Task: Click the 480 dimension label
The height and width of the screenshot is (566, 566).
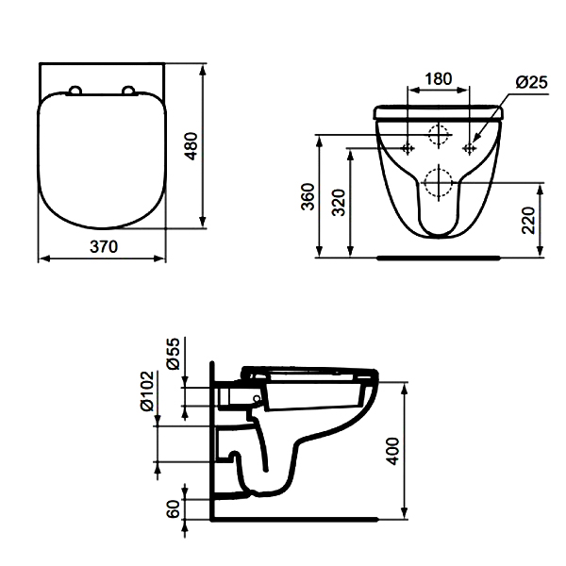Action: (191, 146)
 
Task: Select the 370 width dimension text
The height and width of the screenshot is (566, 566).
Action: (104, 247)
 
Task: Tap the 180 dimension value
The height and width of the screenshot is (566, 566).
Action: (439, 79)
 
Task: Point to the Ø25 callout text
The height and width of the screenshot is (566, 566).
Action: (531, 83)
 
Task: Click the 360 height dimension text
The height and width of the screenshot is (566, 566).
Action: (308, 197)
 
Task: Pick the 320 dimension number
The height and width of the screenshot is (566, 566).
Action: (339, 202)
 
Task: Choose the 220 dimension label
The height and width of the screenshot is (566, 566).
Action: (528, 220)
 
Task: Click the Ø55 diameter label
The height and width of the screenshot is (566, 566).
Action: (174, 354)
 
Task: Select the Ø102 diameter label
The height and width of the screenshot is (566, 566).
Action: (147, 391)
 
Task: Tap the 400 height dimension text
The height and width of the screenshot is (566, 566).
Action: (392, 451)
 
